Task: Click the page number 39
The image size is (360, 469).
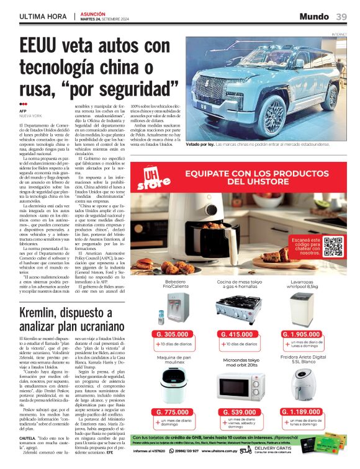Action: coord(341,16)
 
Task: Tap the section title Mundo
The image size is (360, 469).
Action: coord(314,16)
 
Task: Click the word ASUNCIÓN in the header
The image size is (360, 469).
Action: coord(93,13)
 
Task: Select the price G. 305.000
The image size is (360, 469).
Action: coord(173,334)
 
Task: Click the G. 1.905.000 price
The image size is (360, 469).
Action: coord(305,334)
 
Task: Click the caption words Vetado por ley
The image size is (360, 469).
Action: coord(200,145)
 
